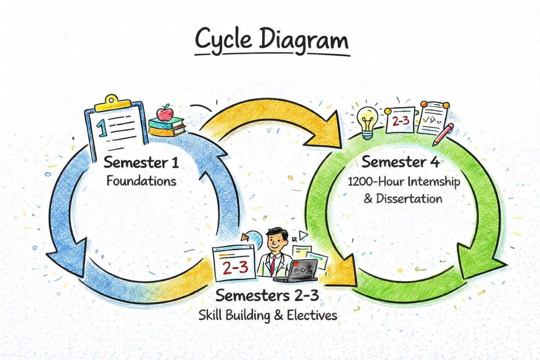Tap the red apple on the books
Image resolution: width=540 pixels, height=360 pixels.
[x=165, y=113]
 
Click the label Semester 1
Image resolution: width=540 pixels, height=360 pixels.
[x=141, y=162]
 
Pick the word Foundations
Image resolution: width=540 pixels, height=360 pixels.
[x=141, y=181]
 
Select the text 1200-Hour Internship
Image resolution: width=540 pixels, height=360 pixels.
[x=404, y=182]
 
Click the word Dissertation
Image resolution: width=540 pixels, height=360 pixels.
[x=409, y=199]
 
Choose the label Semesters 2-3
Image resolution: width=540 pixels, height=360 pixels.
[x=267, y=295]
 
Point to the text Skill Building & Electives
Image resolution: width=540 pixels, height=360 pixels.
[x=267, y=315]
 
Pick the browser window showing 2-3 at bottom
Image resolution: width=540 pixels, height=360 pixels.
[x=234, y=264]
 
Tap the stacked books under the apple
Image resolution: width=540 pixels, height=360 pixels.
[x=166, y=126]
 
